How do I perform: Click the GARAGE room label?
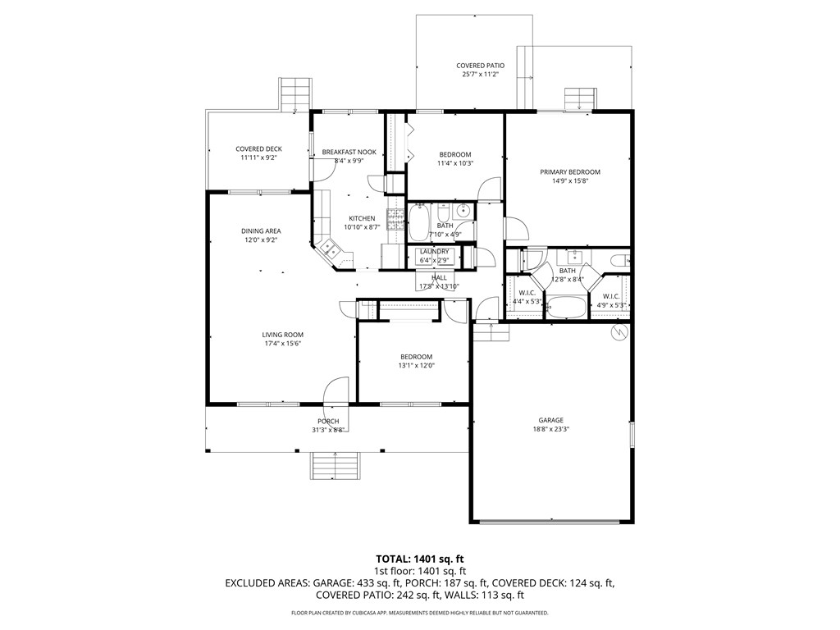pos(550,420)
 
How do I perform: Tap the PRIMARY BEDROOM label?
pos(569,172)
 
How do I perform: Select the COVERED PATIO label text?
pos(480,66)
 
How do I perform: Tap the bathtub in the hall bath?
pos(418,221)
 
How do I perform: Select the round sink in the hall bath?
pos(462,209)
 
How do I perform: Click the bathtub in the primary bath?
pos(567,308)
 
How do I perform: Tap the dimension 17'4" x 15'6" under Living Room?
pos(282,344)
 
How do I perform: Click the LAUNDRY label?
pos(433,252)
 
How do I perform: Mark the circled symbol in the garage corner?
pos(620,332)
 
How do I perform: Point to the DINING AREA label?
pos(261,231)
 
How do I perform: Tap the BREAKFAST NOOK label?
pos(349,152)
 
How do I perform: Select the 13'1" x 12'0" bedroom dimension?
pos(416,365)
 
